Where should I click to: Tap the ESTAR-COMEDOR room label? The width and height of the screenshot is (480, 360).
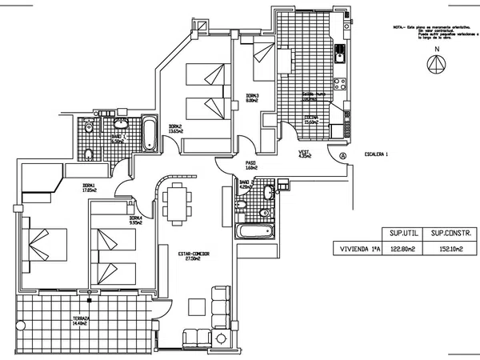click(x=194, y=255)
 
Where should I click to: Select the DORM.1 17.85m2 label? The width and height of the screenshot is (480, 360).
click(x=90, y=189)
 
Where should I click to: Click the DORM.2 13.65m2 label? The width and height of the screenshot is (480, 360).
click(x=177, y=129)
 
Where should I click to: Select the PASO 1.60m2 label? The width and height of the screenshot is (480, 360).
click(x=250, y=166)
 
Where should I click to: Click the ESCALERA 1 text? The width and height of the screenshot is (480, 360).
click(x=375, y=154)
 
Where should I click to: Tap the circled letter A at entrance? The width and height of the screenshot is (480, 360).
click(x=342, y=155)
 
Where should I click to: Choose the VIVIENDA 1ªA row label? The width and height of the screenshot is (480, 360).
click(x=358, y=250)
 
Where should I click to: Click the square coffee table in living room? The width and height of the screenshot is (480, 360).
click(x=196, y=307)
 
